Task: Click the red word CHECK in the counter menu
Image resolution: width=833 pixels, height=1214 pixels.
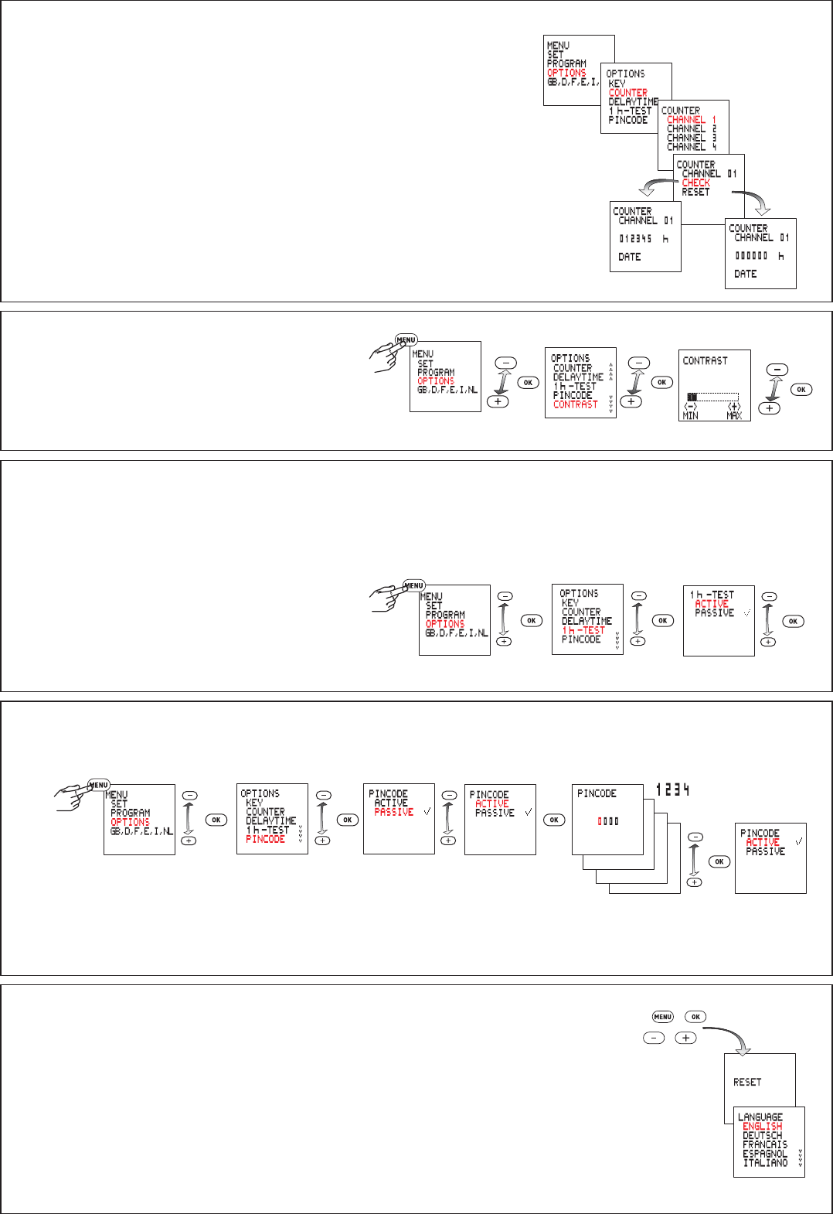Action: point(695,183)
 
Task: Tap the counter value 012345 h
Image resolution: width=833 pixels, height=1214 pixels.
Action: point(643,239)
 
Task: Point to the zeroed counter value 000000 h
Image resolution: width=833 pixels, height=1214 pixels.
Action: point(759,256)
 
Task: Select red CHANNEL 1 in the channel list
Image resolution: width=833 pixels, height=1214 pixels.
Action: point(691,120)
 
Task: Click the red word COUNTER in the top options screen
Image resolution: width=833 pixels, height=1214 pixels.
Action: point(627,93)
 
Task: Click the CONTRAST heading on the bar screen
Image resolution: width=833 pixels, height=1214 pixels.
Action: point(705,361)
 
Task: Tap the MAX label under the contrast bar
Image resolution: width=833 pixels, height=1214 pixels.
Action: point(734,416)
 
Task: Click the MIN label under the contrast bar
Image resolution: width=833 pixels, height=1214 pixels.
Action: point(690,416)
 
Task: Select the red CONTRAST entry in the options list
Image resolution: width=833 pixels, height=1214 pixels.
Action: point(575,404)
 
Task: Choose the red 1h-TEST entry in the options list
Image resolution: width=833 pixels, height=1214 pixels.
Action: point(583,630)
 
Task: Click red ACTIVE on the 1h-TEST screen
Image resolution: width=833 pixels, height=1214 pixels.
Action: point(711,604)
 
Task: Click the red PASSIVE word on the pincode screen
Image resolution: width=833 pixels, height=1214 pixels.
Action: point(393,812)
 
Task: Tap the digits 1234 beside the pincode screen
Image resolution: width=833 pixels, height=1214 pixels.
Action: point(672,789)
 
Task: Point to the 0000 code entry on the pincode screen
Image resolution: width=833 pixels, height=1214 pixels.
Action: point(607,821)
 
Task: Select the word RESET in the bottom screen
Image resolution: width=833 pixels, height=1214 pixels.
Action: point(746,1083)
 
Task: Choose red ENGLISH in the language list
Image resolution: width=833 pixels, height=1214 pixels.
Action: point(762,1127)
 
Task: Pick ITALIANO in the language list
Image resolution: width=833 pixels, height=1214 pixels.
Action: point(765,1163)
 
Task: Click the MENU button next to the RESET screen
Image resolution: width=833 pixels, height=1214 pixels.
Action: point(662,1017)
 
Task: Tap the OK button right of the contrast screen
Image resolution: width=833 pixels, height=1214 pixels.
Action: point(801,390)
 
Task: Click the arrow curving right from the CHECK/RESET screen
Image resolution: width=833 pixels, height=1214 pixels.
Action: point(754,201)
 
